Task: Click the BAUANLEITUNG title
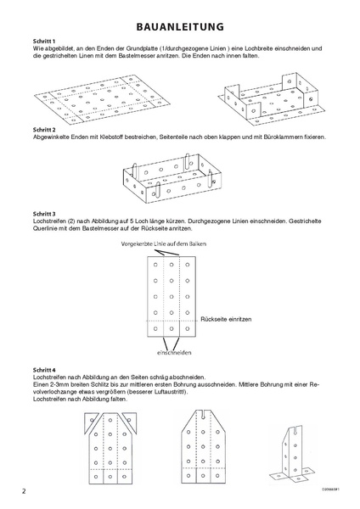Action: pyautogui.click(x=180, y=26)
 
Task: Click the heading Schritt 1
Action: pyautogui.click(x=44, y=42)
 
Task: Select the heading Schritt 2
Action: pyautogui.click(x=44, y=130)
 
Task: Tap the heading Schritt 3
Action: pyautogui.click(x=44, y=214)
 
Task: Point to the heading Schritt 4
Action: pyautogui.click(x=44, y=370)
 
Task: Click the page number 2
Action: pyautogui.click(x=24, y=491)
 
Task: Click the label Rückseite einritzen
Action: pyautogui.click(x=226, y=319)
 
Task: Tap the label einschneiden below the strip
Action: pyautogui.click(x=174, y=353)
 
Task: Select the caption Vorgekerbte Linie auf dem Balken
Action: pyautogui.click(x=163, y=243)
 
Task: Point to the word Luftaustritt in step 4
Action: pyautogui.click(x=169, y=391)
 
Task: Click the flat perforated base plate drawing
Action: pyautogui.click(x=103, y=100)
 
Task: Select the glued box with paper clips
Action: pyautogui.click(x=172, y=178)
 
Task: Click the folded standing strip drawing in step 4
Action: pyautogui.click(x=294, y=455)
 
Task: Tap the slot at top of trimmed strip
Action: pyautogui.click(x=203, y=415)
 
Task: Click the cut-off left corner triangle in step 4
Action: pyautogui.click(x=91, y=422)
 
